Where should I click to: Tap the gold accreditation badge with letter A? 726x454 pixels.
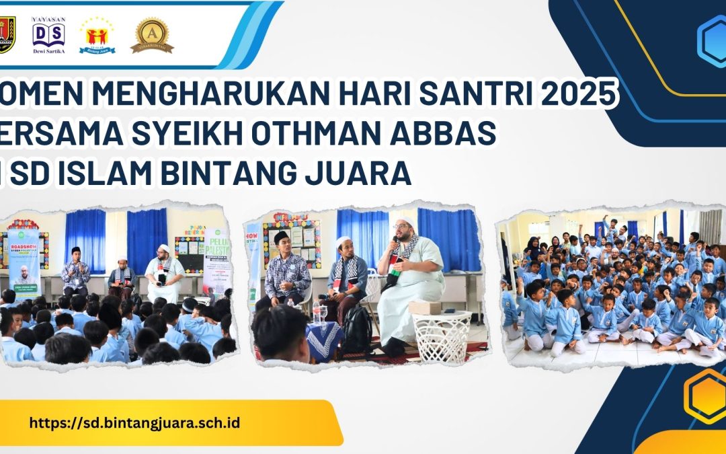coord(152,35)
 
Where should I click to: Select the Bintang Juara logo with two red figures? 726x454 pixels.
coord(97,35)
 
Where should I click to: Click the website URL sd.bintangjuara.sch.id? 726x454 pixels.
coord(135,423)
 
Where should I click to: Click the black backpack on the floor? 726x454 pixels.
coord(357,330)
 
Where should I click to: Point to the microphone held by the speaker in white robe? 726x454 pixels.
coord(395,243)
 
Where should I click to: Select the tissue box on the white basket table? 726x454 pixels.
coord(424,307)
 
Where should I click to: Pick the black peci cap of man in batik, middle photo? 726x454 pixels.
coord(281,236)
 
